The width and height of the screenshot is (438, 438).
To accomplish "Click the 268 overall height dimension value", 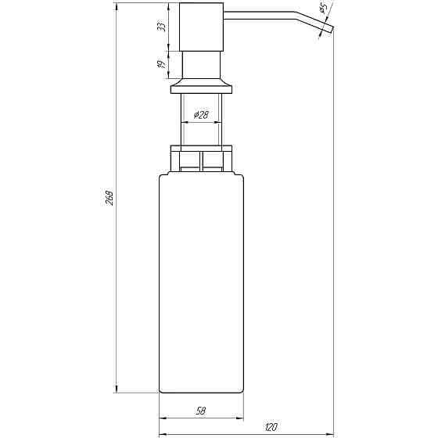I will click(109, 199).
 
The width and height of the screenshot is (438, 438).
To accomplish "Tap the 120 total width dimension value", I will click(271, 426).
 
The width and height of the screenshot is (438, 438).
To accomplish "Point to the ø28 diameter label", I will click(200, 115).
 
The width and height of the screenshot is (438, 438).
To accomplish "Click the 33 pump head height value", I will click(162, 27).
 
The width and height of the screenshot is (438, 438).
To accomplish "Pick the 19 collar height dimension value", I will click(162, 66).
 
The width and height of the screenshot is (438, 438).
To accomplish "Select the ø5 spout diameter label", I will click(322, 9).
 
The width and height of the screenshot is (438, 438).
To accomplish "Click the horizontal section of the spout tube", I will click(266, 14).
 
